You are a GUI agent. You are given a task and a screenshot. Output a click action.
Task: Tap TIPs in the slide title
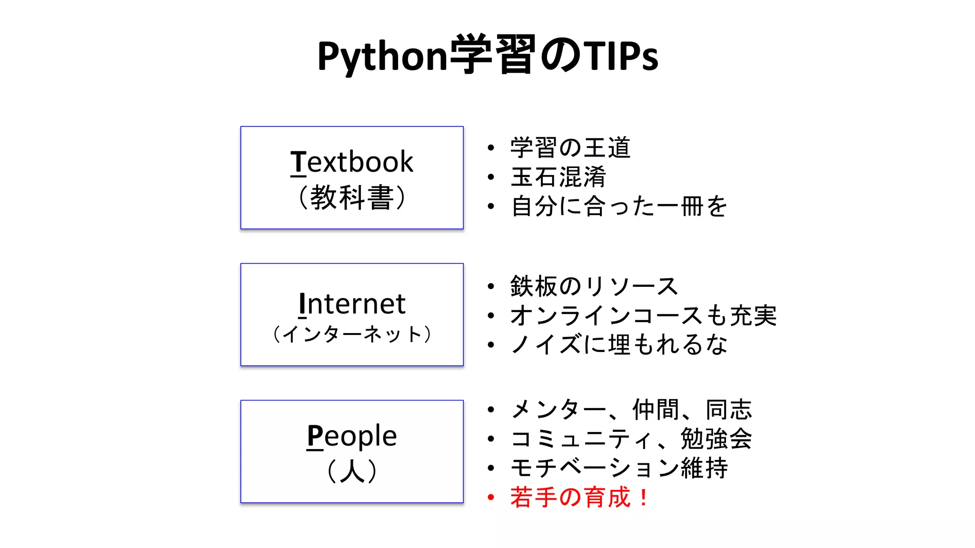621,57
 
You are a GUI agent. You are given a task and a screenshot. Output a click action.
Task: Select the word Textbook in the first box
352,162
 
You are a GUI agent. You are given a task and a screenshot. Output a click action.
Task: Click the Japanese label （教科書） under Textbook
352,197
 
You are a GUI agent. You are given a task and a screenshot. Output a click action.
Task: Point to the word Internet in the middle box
352,304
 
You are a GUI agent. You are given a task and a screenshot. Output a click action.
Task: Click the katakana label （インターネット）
352,334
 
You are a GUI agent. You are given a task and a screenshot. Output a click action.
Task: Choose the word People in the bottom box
352,436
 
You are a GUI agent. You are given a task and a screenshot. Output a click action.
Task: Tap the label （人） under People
352,471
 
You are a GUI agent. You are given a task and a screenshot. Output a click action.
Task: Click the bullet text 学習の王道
570,148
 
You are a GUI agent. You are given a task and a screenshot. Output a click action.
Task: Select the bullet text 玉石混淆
558,177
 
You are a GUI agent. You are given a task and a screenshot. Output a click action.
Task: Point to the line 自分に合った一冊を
619,206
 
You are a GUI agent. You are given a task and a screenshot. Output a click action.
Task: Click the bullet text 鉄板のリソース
594,286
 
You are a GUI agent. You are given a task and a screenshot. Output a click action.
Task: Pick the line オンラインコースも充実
643,316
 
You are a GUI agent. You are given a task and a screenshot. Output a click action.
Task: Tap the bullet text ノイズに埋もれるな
619,345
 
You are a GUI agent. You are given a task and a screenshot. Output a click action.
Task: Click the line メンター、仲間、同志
631,410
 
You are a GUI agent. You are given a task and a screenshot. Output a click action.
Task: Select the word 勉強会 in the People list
716,439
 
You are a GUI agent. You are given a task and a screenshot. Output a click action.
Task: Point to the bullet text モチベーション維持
619,468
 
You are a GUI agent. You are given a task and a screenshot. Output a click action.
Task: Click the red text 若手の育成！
579,498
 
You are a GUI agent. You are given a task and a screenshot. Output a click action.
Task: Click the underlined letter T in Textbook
298,162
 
